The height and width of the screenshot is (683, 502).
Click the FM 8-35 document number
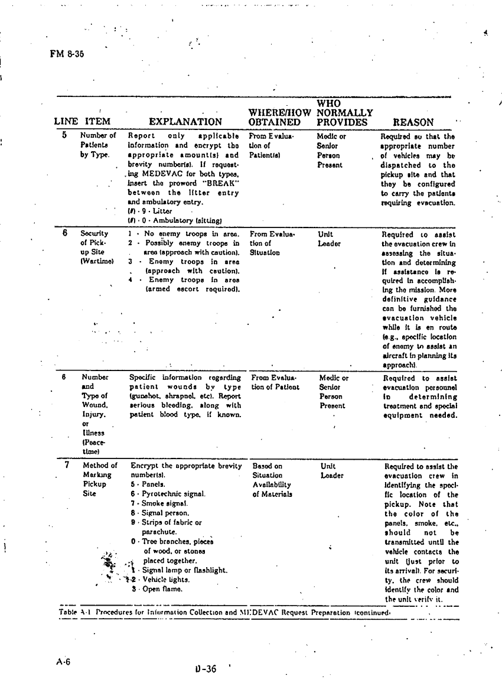coord(67,54)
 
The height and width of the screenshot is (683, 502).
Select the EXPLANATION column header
coord(185,122)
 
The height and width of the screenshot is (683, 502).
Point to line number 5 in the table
coord(64,135)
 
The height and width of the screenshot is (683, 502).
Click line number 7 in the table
coord(67,465)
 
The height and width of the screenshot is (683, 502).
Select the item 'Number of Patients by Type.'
coord(98,145)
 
